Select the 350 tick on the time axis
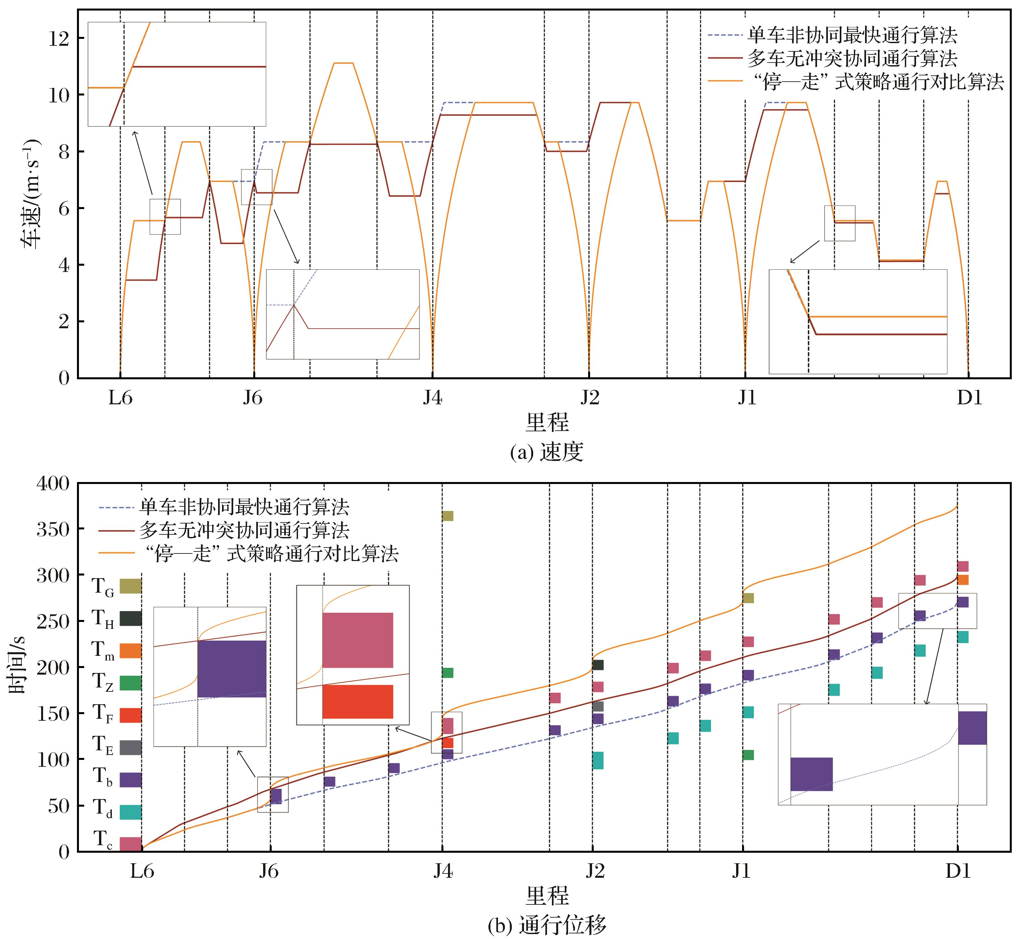point(53,529)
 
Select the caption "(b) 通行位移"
point(546,926)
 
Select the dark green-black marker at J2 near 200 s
point(598,665)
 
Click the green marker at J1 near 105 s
point(748,755)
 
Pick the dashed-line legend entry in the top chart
point(852,35)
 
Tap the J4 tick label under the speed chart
point(433,398)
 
